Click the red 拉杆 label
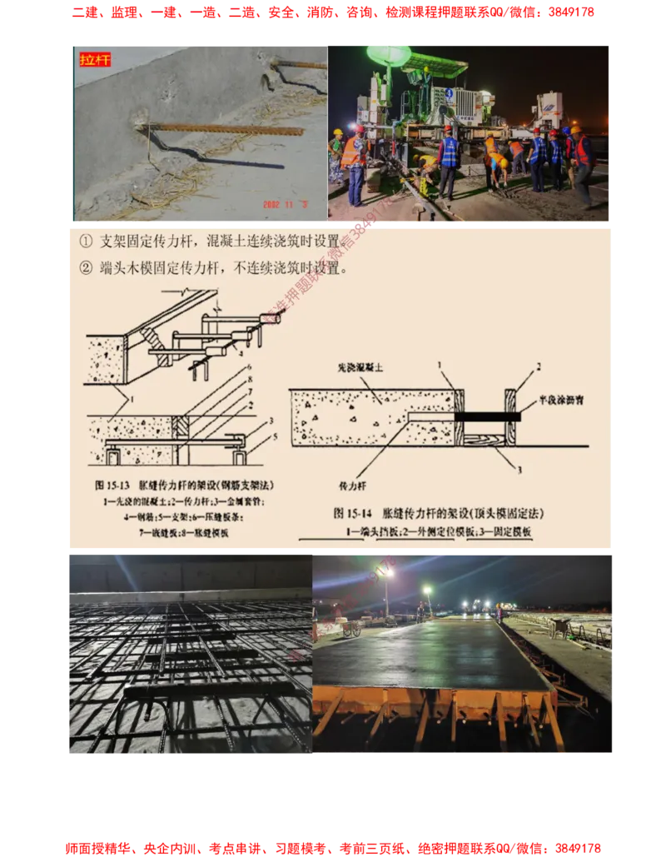(x=94, y=60)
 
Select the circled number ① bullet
(x=86, y=242)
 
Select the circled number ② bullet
(x=86, y=269)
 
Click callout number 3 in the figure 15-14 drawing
(x=520, y=470)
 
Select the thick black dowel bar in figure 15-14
(x=491, y=416)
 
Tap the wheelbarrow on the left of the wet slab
(x=353, y=629)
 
